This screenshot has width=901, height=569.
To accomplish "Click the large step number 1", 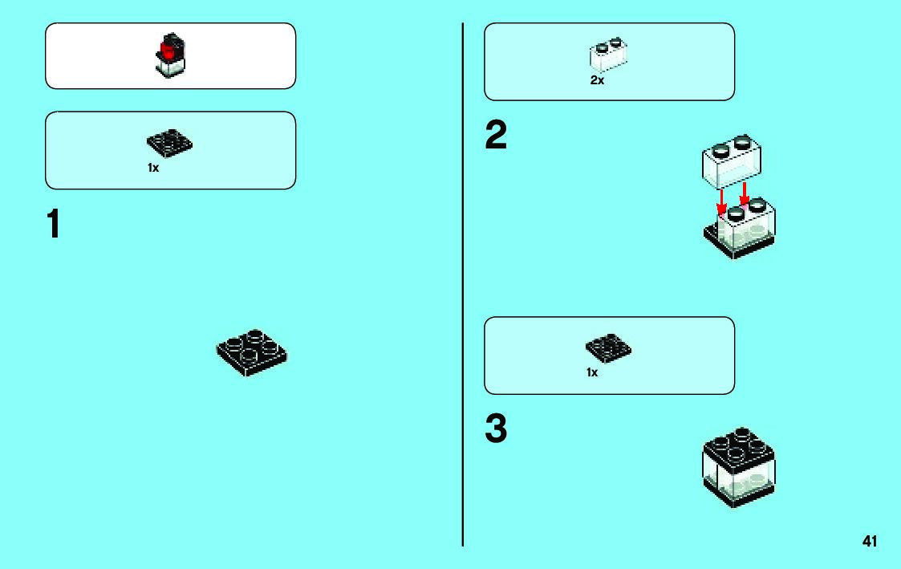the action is (53, 225).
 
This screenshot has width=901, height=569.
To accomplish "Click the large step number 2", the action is (496, 136).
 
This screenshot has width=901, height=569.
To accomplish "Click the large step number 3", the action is (496, 430).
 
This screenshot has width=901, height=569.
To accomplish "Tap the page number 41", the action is (870, 542).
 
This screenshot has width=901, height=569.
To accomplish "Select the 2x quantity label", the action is (597, 81).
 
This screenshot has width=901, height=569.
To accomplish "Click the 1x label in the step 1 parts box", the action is (153, 169).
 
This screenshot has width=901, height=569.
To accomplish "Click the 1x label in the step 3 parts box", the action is (592, 373).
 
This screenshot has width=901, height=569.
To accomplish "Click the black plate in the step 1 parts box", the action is (170, 144).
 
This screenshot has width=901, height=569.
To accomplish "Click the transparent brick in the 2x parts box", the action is (609, 55).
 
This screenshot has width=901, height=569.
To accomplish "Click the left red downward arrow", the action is (721, 203).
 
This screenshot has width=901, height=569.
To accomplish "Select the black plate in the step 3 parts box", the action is (609, 347).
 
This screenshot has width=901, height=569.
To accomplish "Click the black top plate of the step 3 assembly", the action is (738, 445).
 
